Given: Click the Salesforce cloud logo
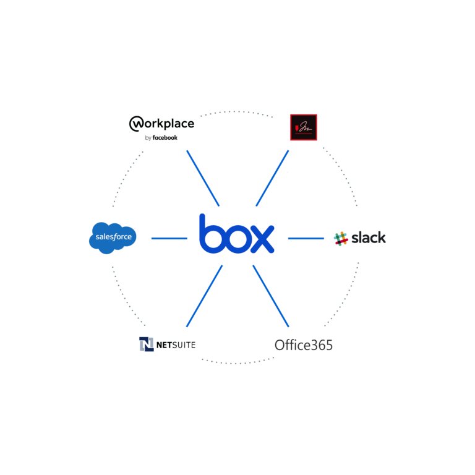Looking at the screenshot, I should [x=112, y=237].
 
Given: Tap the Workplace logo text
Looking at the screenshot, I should [x=162, y=124].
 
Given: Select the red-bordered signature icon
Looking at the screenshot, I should [x=304, y=127].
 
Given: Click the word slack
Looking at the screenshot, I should [x=368, y=237].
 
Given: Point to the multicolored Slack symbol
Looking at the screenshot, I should [x=340, y=238].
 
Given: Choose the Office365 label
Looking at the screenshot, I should [x=303, y=345].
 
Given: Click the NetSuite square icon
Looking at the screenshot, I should [x=146, y=344].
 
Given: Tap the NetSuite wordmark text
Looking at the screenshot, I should [x=176, y=344].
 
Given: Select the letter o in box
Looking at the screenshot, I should [x=236, y=239].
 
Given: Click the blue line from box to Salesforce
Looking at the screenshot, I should [x=169, y=238].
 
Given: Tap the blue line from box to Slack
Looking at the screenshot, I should [x=306, y=238].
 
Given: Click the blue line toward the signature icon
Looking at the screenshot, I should [x=272, y=178].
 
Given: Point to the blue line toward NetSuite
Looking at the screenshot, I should [x=204, y=296].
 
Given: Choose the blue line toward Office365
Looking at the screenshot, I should [x=271, y=296].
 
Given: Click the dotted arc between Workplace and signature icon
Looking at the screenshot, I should [x=236, y=112].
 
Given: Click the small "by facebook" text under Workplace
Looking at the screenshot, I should [x=161, y=137].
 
